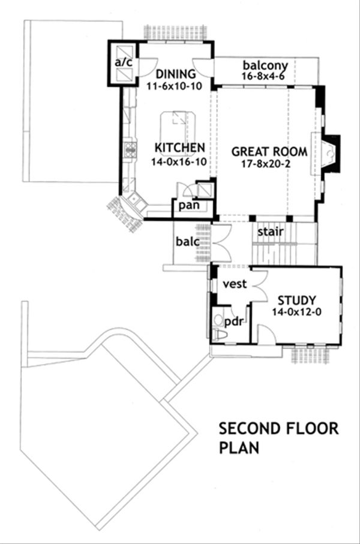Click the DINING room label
coord(176,74)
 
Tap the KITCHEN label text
coord(180,148)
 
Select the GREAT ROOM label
coord(269,152)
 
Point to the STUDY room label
coord(296,300)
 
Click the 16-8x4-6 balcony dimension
coord(263,76)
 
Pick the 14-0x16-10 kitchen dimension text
coord(179,161)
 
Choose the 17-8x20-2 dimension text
coord(266,164)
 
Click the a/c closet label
coord(124,62)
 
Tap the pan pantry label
coord(189,205)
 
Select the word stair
coord(271,232)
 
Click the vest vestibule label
coord(235,284)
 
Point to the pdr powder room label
coord(233,322)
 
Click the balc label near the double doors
coord(187,242)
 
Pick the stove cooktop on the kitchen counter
coord(130,149)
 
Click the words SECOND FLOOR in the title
coord(279,428)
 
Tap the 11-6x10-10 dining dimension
coord(174,86)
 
